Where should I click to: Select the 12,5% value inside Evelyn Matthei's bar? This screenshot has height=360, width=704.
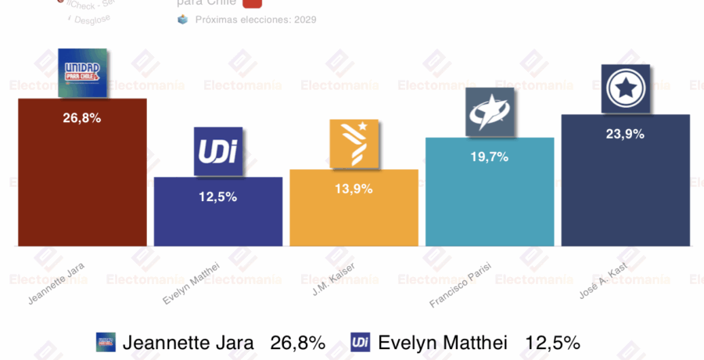tap(218, 196)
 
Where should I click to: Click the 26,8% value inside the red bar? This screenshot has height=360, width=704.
tap(82, 118)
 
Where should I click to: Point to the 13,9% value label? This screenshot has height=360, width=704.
tap(354, 189)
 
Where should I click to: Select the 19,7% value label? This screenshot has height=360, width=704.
tap(490, 157)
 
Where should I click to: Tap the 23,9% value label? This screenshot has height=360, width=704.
tap(626, 134)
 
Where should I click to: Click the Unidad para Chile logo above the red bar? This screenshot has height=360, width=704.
tap(83, 73)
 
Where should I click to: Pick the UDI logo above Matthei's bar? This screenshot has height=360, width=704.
tap(218, 150)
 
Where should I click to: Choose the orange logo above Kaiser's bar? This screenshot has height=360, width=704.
tap(354, 143)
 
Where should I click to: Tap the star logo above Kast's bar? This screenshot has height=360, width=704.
tap(626, 88)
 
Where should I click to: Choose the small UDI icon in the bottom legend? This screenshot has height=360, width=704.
tap(361, 342)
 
